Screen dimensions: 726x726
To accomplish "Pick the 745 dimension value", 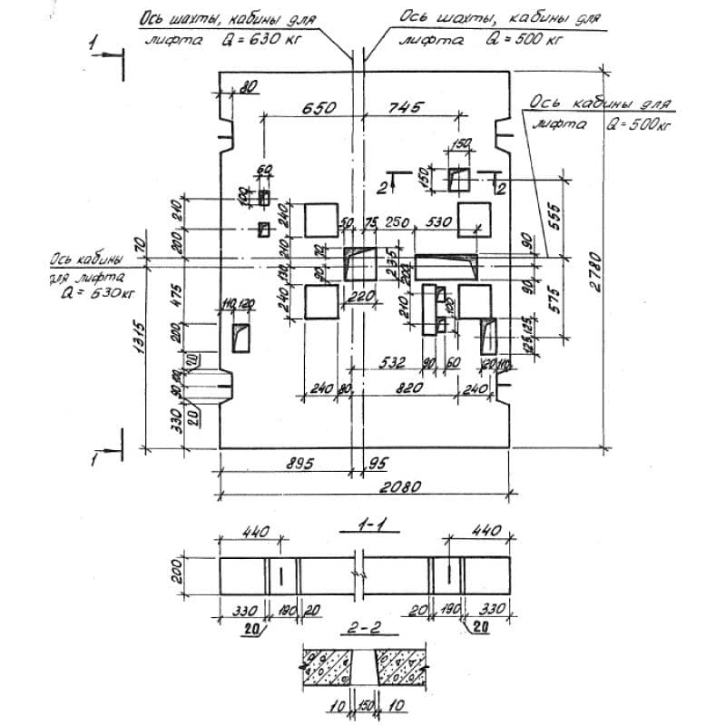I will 406,107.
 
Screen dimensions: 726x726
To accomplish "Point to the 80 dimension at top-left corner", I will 250,88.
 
